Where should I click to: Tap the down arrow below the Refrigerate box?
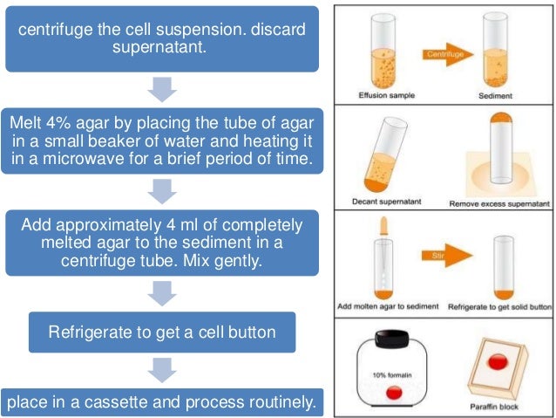(163, 369)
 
